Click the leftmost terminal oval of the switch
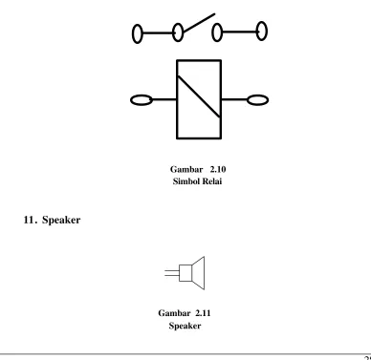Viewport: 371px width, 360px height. pos(137,33)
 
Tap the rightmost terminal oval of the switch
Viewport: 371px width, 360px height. pos(262,31)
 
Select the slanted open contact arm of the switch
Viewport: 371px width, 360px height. pos(199,23)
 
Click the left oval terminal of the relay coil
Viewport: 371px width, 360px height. pos(142,100)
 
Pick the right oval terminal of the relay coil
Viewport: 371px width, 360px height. pos(257,100)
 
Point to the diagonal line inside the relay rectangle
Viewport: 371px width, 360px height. pos(199,96)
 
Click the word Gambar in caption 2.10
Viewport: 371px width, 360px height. pos(186,169)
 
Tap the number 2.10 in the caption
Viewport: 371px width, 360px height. pos(218,169)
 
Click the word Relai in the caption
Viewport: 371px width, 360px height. pos(212,181)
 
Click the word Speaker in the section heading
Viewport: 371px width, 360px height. pos(61,220)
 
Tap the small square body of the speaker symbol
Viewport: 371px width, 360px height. pos(185,273)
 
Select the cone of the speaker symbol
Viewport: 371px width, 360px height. pos(198,273)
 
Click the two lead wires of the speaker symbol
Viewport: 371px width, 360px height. pos(172,273)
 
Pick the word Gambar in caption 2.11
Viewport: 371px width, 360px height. pos(174,313)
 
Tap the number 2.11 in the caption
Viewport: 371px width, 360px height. pos(203,313)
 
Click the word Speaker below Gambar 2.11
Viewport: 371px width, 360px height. pos(185,326)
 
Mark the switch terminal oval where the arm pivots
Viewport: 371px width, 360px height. pos(178,32)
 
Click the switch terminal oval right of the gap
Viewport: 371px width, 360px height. pos(217,32)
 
